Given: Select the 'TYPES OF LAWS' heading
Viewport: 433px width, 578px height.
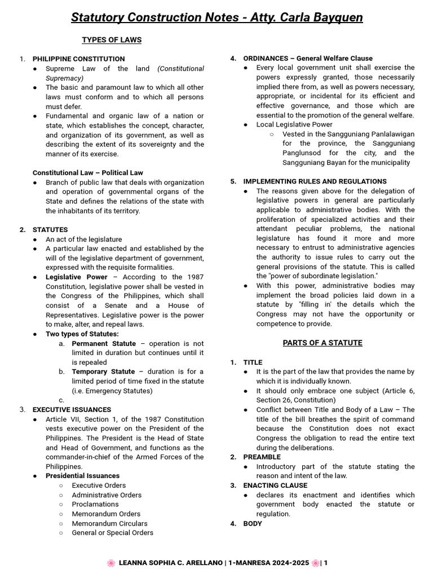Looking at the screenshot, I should [112, 40].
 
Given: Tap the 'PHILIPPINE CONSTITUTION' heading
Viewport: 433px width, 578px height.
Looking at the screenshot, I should [78, 59].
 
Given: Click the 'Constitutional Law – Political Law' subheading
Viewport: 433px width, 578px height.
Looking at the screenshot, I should [87, 173].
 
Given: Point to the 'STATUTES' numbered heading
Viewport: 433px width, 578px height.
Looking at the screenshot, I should [50, 230].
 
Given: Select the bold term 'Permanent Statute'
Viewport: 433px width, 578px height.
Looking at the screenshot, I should [104, 344].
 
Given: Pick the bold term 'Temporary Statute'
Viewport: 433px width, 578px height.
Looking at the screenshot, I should [103, 372].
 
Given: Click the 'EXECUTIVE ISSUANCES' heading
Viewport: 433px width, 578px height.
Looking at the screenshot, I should [72, 410].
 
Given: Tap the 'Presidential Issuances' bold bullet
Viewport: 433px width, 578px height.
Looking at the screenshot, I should [82, 476].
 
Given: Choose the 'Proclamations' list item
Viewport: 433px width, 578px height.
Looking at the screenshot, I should [95, 504].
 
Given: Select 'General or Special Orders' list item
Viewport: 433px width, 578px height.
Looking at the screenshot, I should [112, 533].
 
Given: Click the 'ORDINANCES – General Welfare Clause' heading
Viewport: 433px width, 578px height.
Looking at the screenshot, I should [307, 58].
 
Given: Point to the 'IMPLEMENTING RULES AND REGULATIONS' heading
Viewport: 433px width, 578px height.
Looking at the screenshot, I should [315, 182].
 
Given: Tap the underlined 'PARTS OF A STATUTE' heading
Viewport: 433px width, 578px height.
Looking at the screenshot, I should [322, 343].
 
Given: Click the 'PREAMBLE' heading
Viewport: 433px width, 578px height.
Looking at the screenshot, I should [262, 457].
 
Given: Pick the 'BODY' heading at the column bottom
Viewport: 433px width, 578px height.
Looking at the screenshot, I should [253, 524].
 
